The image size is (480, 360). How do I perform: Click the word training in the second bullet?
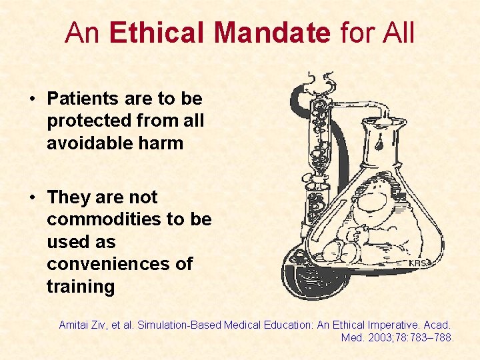coord(81,287)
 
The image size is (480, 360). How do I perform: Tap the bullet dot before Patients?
coord(32,99)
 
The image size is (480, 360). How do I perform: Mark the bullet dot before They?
coord(32,198)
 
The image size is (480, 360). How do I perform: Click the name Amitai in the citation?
coord(75,325)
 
